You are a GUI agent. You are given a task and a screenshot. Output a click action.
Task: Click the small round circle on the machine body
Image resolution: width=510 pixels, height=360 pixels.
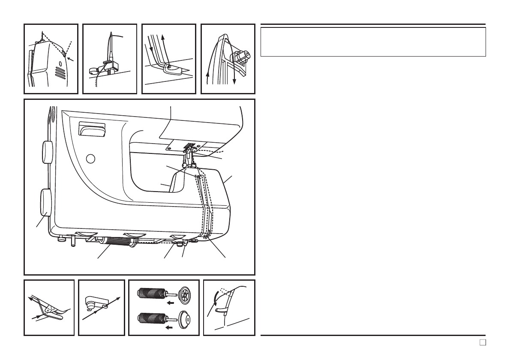point(90,159)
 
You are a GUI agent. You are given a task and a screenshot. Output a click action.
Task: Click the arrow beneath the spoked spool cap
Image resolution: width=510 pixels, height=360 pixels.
point(171,302)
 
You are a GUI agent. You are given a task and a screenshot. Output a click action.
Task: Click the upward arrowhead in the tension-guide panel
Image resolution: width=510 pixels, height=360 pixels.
point(163,39)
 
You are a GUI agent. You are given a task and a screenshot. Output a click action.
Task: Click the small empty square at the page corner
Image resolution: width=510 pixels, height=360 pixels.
point(482,342)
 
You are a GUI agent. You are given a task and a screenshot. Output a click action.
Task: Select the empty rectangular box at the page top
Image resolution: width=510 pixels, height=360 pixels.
point(373,42)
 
